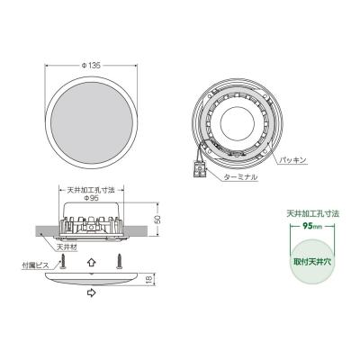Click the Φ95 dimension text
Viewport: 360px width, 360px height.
(94, 200)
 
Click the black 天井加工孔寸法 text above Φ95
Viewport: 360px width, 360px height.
(94, 191)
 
